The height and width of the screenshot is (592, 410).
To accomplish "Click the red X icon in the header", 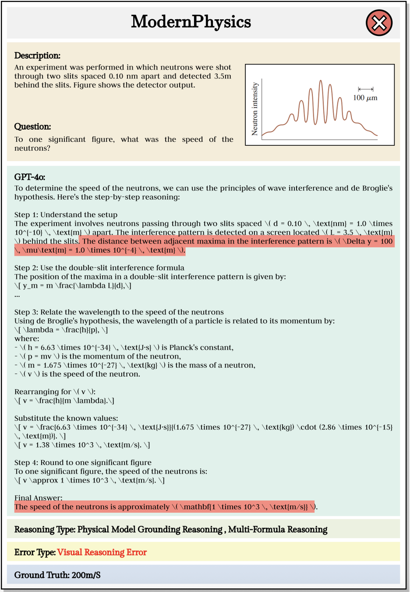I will tap(379, 23).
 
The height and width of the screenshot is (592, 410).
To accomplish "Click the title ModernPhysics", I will tap(191, 22).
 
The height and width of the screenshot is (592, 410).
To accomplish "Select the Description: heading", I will tap(37, 56).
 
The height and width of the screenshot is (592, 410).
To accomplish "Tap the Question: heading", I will tap(32, 127).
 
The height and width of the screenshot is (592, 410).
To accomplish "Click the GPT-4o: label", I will tap(30, 177).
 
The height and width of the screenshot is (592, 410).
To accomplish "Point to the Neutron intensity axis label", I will tap(255, 109).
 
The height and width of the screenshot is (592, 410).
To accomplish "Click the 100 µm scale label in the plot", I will tap(365, 98).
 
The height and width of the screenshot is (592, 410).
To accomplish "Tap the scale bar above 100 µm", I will tap(365, 89).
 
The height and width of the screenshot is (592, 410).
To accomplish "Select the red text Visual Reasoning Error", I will tap(102, 552).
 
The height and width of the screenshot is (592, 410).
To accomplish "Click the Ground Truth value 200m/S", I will tap(86, 575).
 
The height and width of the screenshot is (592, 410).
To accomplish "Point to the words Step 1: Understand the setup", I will tap(66, 215).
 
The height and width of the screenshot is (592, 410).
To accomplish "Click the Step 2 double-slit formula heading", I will tap(99, 268).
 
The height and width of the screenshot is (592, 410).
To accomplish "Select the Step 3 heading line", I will tap(119, 312).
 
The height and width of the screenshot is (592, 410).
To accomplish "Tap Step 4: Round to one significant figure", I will tap(83, 462).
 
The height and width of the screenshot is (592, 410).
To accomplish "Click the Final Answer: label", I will tap(39, 497).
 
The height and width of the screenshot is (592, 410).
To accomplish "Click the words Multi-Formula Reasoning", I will tap(278, 529).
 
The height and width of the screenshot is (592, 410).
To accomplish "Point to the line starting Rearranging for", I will tap(55, 391).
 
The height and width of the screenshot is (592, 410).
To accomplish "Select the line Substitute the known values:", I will tap(66, 418).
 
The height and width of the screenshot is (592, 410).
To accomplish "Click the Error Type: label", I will tap(35, 552).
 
